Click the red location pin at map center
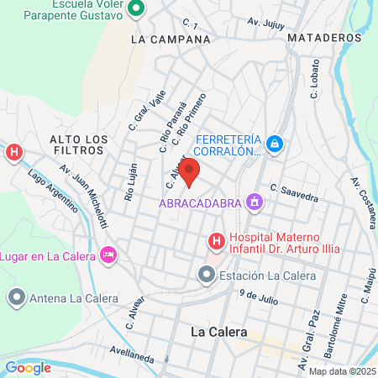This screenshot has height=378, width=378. point(189,171)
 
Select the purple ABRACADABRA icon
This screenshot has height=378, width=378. point(253,202)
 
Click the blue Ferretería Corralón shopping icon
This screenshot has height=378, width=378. point(275,145)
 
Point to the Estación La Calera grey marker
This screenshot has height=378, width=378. point(207,275)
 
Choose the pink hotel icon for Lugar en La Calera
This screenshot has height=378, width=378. point(108,254)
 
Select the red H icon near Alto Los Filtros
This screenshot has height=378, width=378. point(13,152)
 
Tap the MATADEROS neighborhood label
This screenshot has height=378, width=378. point(323,38)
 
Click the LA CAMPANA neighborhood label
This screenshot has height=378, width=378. point(171,39)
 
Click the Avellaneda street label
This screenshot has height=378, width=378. point(133,354)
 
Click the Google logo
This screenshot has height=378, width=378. point(28,367)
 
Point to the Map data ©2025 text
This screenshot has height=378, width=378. point(341,371)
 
